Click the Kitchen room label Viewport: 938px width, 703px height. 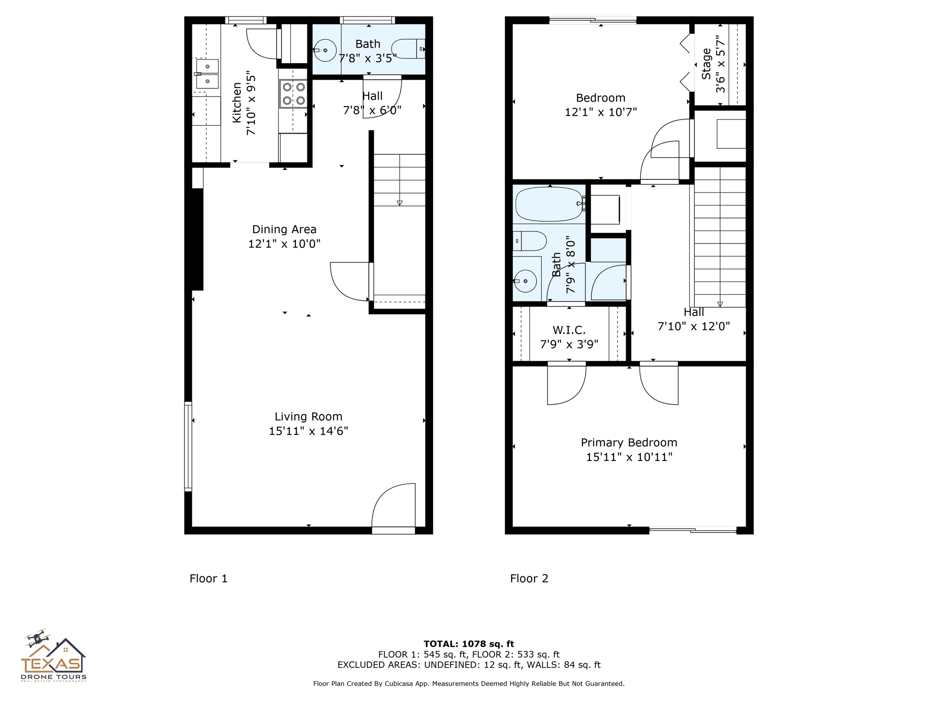237,103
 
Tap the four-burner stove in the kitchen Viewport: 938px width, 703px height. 294,94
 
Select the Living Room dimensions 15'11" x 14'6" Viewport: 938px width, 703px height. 308,431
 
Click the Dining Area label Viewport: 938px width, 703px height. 284,229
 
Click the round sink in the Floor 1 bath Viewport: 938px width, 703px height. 325,50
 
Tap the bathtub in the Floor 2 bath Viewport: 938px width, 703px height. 550,204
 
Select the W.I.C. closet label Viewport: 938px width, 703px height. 569,330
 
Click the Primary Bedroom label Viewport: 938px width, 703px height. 629,443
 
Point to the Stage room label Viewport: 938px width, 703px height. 706,64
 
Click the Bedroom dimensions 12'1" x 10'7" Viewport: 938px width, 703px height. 600,112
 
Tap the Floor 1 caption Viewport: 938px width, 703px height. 208,579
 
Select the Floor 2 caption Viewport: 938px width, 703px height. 529,579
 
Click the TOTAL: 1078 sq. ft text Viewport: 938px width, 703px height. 469,644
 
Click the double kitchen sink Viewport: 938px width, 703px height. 207,74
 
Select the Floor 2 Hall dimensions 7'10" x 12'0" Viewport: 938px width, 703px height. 693,326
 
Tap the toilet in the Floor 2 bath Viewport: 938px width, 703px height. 529,241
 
